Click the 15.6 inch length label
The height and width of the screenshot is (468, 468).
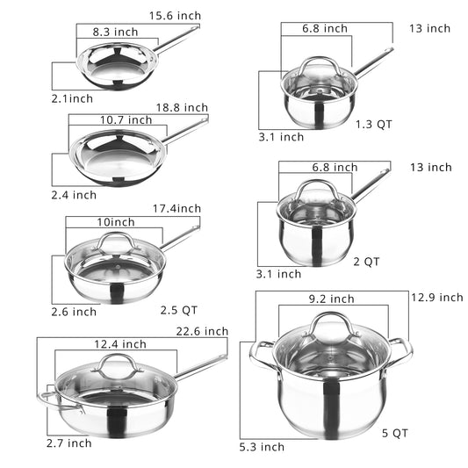[174, 16]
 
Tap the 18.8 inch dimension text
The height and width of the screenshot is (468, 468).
[183, 107]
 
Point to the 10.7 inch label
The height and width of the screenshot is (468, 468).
[126, 120]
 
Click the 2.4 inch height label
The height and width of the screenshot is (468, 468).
[72, 195]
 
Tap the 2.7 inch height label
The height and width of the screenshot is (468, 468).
[68, 443]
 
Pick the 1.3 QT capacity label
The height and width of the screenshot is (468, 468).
[373, 124]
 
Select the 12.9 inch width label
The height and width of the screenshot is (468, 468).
[436, 298]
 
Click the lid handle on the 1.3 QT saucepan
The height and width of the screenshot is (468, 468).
[320, 63]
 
